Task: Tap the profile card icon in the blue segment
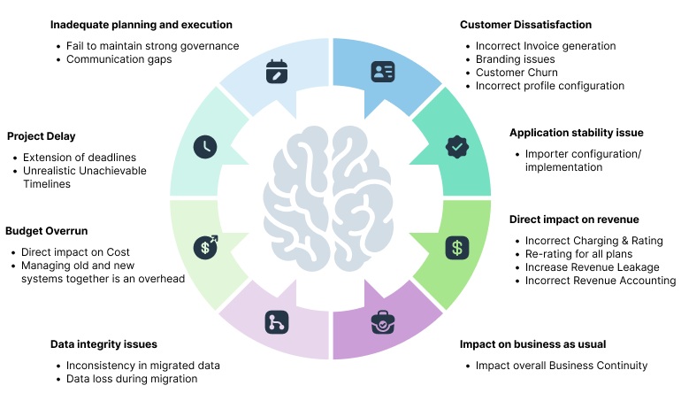tap(383, 71)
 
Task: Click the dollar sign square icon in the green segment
tap(456, 247)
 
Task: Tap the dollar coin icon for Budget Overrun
tap(205, 247)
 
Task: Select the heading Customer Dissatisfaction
tap(525, 25)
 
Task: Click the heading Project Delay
tap(41, 136)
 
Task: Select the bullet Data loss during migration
tap(132, 379)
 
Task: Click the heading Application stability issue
tap(576, 133)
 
